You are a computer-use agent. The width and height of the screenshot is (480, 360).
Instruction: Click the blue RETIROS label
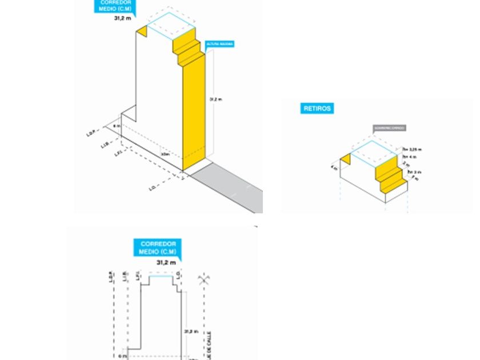tap(317, 108)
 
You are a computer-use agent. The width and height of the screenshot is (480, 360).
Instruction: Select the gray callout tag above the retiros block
tap(389, 128)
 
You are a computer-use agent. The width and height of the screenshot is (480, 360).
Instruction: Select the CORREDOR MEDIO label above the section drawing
tap(158, 248)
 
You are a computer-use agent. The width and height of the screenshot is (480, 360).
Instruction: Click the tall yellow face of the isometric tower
tap(194, 109)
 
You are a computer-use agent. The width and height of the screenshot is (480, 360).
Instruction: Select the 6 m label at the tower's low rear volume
tap(115, 126)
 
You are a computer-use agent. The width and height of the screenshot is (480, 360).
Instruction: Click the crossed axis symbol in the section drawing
tap(202, 280)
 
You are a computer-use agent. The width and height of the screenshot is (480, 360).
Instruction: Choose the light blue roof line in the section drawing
tap(162, 275)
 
